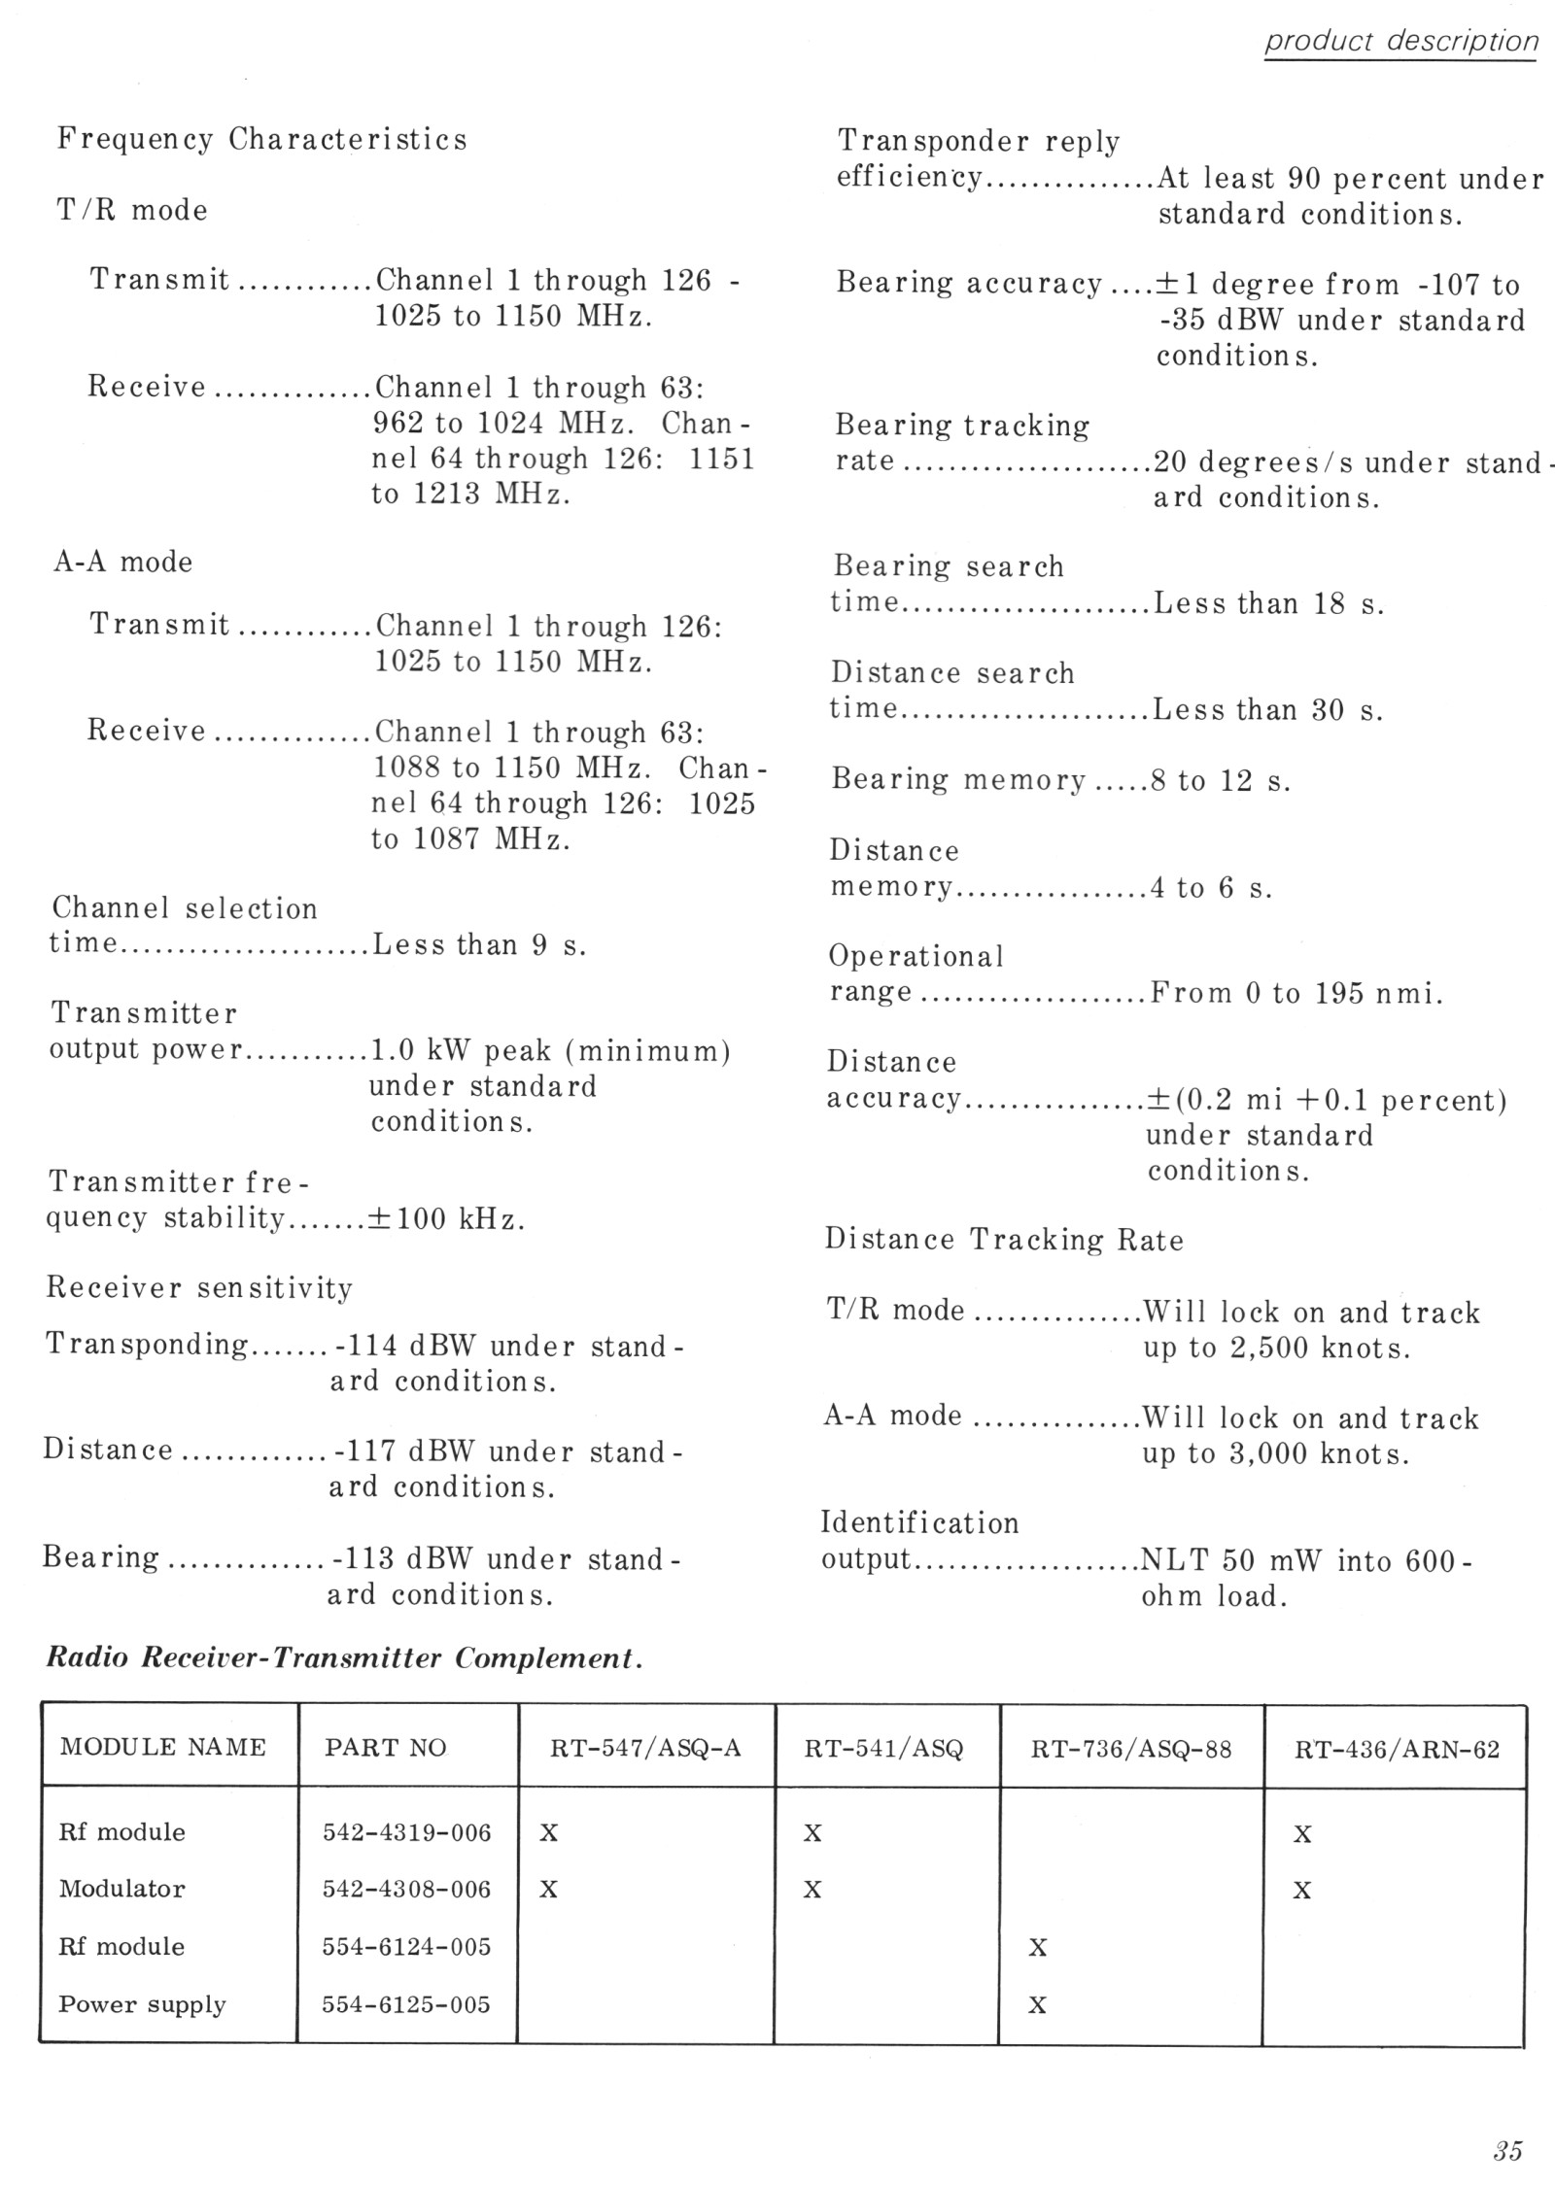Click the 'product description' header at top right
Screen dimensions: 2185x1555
click(x=1400, y=42)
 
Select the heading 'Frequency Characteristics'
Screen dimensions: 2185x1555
click(x=261, y=140)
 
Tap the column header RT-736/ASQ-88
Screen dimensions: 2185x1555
click(x=1130, y=1750)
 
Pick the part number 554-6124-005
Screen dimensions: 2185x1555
click(x=406, y=1946)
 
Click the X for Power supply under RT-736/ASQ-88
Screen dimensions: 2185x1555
click(x=1037, y=2005)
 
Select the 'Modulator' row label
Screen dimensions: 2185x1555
click(x=121, y=1889)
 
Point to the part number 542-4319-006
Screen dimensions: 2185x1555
click(x=406, y=1832)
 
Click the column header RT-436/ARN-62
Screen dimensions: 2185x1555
click(x=1397, y=1750)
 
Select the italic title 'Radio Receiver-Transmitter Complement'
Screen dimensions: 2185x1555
click(x=344, y=1658)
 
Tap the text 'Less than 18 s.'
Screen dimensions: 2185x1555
click(x=1267, y=604)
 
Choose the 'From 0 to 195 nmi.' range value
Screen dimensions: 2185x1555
click(x=1296, y=993)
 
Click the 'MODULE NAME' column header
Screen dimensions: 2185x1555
click(x=162, y=1748)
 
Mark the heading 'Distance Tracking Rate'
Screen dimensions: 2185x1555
click(x=1004, y=1240)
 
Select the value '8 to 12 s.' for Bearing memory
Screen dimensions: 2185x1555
click(x=1221, y=781)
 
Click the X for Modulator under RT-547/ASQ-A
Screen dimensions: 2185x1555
click(x=548, y=1889)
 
